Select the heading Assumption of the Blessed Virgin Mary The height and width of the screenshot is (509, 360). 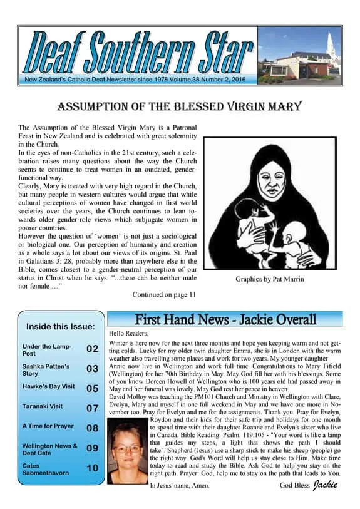pyautogui.click(x=179, y=106)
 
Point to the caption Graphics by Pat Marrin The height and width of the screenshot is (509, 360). pyautogui.click(x=269, y=279)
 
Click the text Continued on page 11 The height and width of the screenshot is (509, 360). pyautogui.click(x=164, y=294)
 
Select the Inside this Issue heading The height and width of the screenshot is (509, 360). pyautogui.click(x=61, y=327)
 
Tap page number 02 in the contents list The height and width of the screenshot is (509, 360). pyautogui.click(x=92, y=349)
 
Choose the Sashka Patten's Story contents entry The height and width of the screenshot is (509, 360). pyautogui.click(x=46, y=369)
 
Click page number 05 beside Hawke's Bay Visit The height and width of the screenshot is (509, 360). pyautogui.click(x=92, y=388)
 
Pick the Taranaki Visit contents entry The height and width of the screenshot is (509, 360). pyautogui.click(x=43, y=406)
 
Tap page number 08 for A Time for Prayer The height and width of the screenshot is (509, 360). pyautogui.click(x=92, y=428)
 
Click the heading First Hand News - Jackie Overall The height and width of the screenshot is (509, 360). pyautogui.click(x=225, y=321)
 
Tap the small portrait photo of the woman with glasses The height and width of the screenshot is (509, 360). pyautogui.click(x=128, y=451)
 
